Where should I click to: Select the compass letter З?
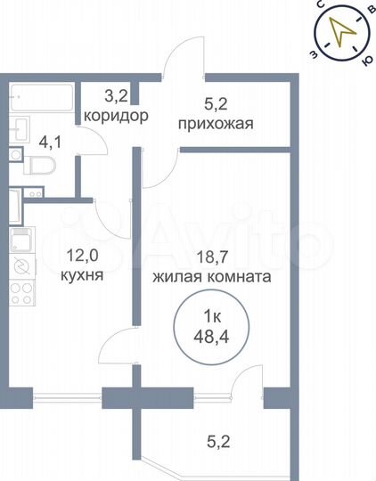[x=311, y=53]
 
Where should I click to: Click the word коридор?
[x=116, y=117]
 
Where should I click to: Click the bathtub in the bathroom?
[x=41, y=94]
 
